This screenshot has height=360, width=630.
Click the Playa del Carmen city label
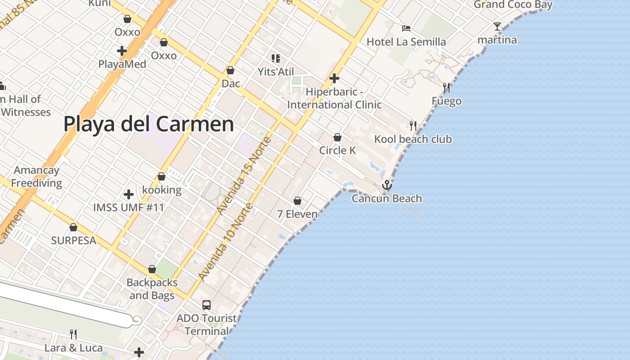pyautogui.click(x=148, y=124)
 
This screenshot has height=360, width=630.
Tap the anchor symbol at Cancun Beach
pyautogui.click(x=387, y=185)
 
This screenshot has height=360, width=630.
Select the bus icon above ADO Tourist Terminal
pyautogui.click(x=207, y=305)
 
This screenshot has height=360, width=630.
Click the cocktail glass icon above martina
pyautogui.click(x=497, y=27)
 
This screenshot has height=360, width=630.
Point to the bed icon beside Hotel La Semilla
pyautogui.click(x=406, y=28)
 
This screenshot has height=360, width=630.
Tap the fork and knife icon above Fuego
pyautogui.click(x=446, y=87)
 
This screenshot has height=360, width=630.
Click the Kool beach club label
pyautogui.click(x=413, y=139)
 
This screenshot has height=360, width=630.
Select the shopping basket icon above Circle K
pyautogui.click(x=337, y=137)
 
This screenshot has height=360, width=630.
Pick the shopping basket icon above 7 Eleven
pyautogui.click(x=297, y=201)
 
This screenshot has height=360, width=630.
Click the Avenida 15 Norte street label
pyautogui.click(x=244, y=175)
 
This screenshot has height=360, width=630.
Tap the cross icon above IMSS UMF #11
pyautogui.click(x=129, y=194)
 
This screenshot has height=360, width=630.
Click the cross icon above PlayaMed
pyautogui.click(x=121, y=50)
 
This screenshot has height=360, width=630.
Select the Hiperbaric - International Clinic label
pyautogui.click(x=334, y=98)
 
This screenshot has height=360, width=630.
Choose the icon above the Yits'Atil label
pyautogui.click(x=276, y=58)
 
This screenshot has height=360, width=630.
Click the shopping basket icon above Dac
pyautogui.click(x=230, y=70)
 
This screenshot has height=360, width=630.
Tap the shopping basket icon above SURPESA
pyautogui.click(x=73, y=227)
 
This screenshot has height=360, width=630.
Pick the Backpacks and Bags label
pyautogui.click(x=152, y=289)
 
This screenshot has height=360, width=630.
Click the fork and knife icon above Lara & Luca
pyautogui.click(x=73, y=334)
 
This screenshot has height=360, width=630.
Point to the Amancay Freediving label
pyautogui.click(x=36, y=176)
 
